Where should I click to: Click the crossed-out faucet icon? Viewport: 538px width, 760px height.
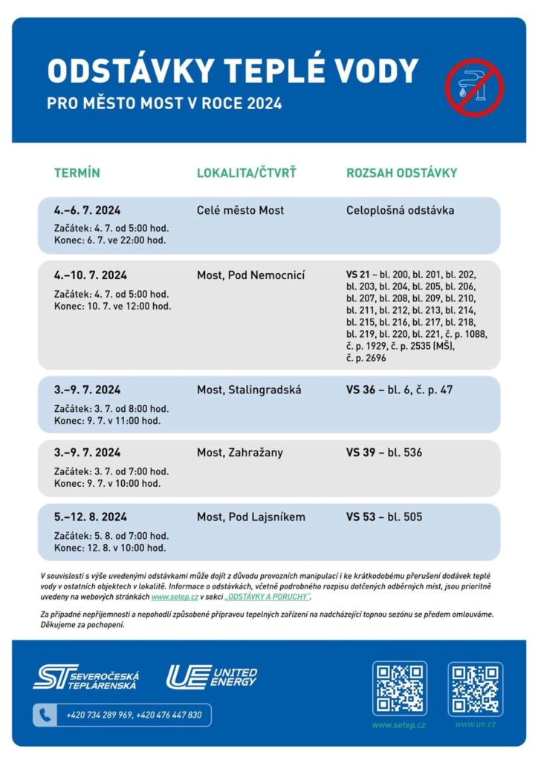(x=474, y=88)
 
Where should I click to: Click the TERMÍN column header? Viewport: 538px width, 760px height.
(x=77, y=173)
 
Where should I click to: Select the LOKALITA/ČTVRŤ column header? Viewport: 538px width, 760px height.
(x=247, y=173)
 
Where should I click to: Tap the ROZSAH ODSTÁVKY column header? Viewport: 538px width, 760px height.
(x=401, y=173)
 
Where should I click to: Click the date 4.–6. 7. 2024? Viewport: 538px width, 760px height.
(x=87, y=211)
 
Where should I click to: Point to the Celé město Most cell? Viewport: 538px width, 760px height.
(x=240, y=211)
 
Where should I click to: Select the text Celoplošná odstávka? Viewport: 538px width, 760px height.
(x=400, y=211)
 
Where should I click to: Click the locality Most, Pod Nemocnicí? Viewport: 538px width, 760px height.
(x=251, y=275)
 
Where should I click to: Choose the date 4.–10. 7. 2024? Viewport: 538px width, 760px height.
(x=90, y=275)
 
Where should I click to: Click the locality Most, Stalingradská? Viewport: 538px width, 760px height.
(x=249, y=390)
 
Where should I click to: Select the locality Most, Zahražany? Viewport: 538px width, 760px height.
(x=240, y=453)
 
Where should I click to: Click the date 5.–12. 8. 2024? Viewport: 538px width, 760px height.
(x=90, y=517)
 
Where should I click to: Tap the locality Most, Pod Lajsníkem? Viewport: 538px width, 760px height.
(x=251, y=517)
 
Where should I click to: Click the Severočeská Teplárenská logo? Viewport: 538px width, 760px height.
(x=85, y=677)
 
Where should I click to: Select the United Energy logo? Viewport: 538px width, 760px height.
(x=211, y=676)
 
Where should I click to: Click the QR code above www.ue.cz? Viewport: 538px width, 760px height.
(x=476, y=689)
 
